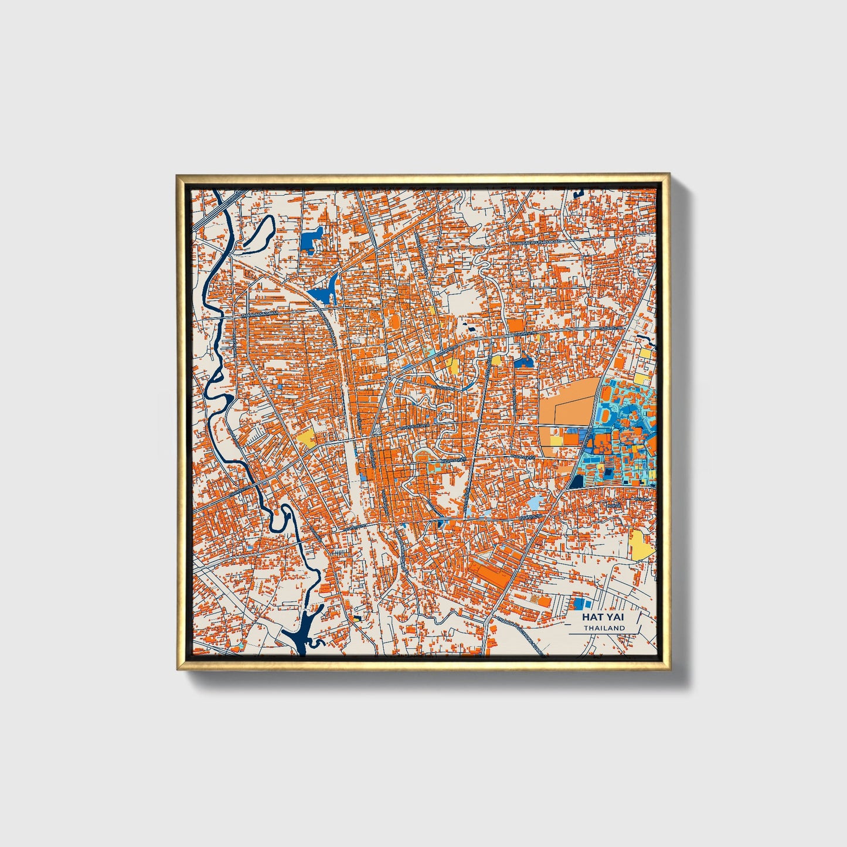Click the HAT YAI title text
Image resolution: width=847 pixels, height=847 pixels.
[x=603, y=617]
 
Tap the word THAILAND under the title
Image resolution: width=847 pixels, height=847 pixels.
[x=604, y=628]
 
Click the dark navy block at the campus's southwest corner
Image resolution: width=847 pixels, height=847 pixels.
[x=576, y=482]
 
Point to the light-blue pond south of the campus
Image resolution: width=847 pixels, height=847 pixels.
[x=535, y=503]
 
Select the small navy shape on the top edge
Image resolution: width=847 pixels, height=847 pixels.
[x=580, y=192]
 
